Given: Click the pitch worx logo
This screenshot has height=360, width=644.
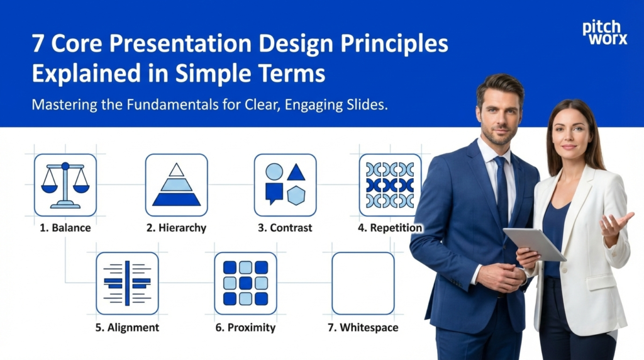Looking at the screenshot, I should tap(604, 33).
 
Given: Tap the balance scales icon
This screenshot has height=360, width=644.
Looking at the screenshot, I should tap(65, 185).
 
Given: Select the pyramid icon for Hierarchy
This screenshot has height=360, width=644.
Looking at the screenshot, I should tap(177, 185).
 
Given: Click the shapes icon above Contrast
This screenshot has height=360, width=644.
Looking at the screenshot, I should tap(285, 185).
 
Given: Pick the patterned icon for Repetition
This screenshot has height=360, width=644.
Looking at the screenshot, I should tap(390, 185).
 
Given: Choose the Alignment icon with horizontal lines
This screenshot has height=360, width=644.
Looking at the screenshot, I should tap(127, 283).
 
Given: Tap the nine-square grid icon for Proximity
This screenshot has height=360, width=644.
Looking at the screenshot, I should tap(245, 283).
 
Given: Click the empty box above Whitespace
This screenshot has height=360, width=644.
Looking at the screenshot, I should tap(363, 283).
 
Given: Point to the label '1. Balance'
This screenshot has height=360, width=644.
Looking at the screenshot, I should tap(65, 228).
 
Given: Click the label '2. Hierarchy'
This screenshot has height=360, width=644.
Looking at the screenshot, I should tap(177, 228).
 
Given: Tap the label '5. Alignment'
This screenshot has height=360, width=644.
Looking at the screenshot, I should tap(128, 327).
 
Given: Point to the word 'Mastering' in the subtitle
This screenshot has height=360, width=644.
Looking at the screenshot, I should tap(62, 105).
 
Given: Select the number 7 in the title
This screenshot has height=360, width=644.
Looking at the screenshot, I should tap(38, 45).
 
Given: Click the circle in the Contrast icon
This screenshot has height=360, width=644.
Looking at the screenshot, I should tap(274, 171).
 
